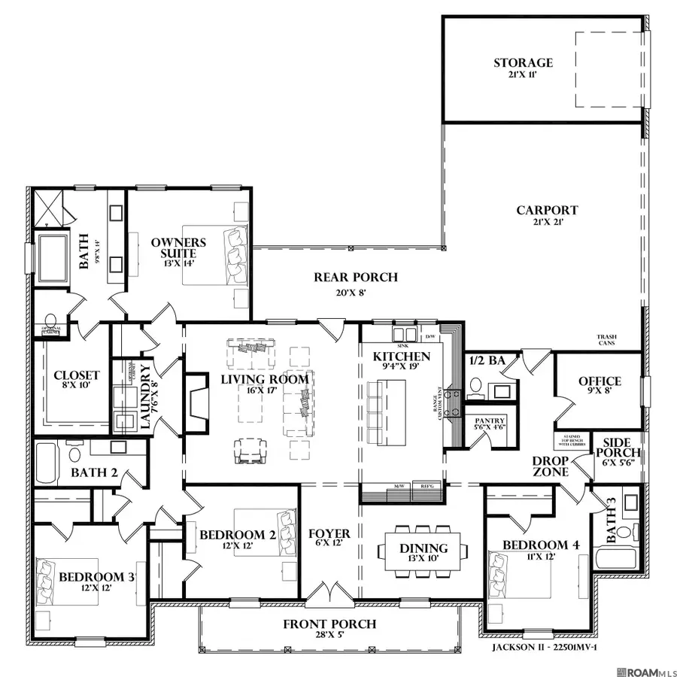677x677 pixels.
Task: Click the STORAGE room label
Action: click(x=523, y=63)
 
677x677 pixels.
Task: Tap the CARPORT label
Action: click(x=547, y=211)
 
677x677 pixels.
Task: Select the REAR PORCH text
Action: click(x=355, y=278)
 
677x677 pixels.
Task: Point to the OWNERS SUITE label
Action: click(x=178, y=247)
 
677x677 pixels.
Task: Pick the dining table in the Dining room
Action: click(x=424, y=549)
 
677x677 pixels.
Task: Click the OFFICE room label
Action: click(x=600, y=381)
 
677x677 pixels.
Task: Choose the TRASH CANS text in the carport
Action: click(x=608, y=341)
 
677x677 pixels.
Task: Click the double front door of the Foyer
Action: click(x=329, y=594)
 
